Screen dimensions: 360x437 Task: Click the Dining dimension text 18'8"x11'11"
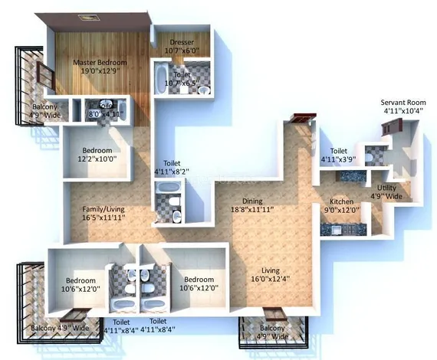(253, 208)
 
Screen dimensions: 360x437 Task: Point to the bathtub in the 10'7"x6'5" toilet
(161, 79)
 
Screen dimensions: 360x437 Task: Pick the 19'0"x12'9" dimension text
(100, 71)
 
